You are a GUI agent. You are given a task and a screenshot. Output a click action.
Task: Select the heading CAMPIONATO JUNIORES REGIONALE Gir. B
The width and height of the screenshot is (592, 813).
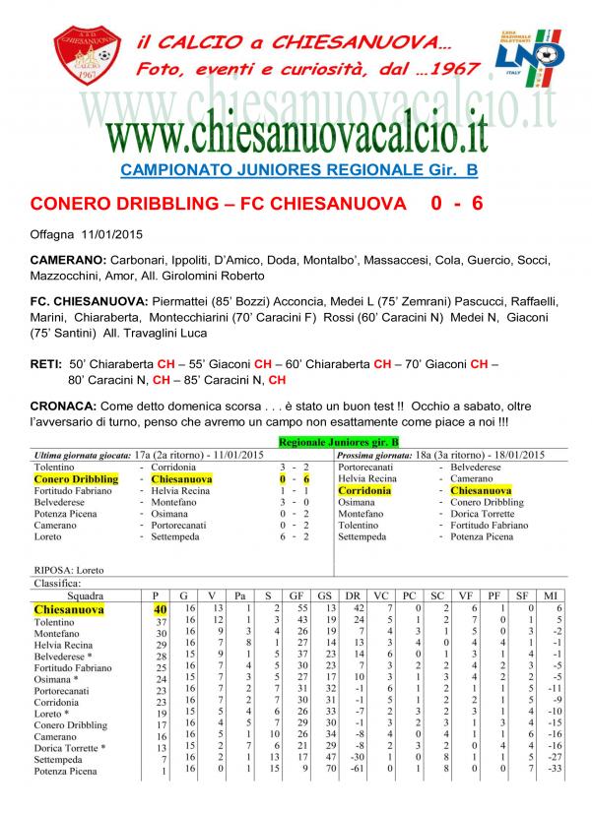(x=298, y=170)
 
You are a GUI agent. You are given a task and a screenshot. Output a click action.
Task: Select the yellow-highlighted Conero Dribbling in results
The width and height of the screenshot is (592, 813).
(x=76, y=478)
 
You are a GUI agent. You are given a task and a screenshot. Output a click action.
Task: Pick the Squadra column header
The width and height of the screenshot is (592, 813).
(x=84, y=596)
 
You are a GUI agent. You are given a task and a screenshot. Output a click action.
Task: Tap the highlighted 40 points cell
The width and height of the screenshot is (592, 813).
(x=158, y=610)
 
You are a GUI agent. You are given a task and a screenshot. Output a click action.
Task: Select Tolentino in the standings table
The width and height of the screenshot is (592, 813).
(x=55, y=623)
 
